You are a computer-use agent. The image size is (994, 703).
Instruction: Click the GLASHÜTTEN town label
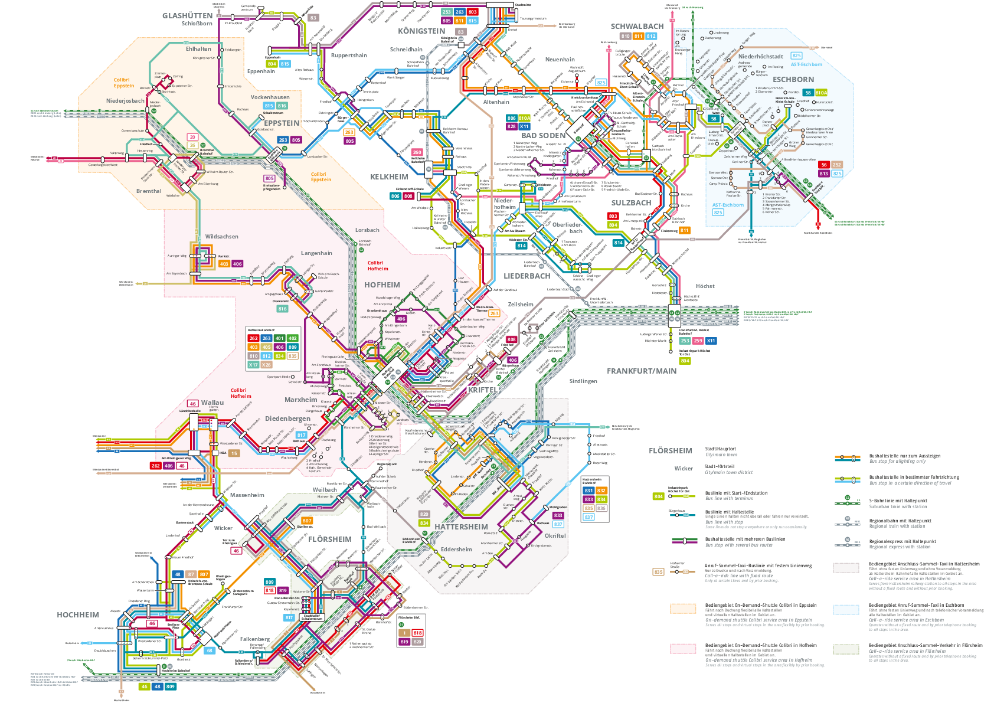[x=187, y=16]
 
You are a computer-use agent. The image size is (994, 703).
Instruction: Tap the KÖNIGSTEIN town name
[x=421, y=31]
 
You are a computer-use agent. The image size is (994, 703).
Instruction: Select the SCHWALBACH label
[x=637, y=27]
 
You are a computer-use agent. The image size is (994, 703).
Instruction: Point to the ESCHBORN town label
[x=793, y=80]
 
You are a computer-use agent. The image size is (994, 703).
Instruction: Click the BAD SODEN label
[x=544, y=136]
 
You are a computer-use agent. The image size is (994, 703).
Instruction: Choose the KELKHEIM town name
[x=389, y=177]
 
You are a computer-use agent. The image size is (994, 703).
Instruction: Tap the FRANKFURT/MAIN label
[x=642, y=371]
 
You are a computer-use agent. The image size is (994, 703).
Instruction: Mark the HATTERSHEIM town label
[x=461, y=527]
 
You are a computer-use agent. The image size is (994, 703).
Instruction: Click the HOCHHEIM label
[x=78, y=615]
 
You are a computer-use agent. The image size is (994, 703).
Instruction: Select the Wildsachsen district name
[x=222, y=237]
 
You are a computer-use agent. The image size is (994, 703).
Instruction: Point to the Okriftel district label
[x=555, y=536]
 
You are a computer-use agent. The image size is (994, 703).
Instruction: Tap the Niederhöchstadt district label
[x=760, y=57]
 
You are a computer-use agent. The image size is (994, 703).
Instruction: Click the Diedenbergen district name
[x=287, y=418]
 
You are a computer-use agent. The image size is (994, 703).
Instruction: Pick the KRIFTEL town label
[x=483, y=390]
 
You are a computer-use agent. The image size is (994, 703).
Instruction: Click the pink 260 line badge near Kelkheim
[x=417, y=152]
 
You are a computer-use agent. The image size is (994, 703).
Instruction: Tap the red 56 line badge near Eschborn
[x=823, y=165]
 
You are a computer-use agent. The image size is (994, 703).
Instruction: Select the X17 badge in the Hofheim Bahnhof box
[x=253, y=365]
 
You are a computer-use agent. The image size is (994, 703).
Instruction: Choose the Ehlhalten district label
[x=198, y=49]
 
